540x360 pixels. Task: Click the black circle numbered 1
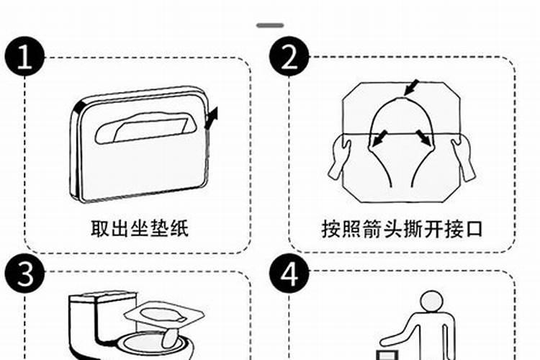[x=24, y=58]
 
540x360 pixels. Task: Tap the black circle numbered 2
[x=289, y=58]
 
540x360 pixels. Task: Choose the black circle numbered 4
[x=289, y=275]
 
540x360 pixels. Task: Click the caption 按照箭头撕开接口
[x=402, y=228]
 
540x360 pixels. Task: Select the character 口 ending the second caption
[x=474, y=228]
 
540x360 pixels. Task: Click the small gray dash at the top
[x=270, y=25]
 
